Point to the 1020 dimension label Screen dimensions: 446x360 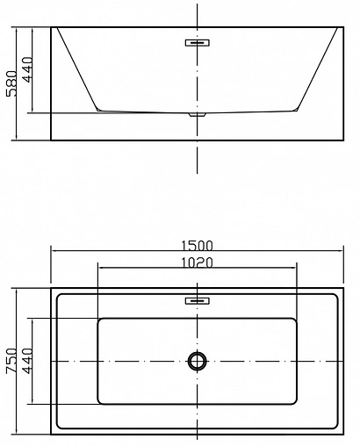197,262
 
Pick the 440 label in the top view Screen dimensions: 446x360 28,360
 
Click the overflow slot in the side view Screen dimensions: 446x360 197,41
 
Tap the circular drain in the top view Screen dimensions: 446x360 197,360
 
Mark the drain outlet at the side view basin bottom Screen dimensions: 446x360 197,114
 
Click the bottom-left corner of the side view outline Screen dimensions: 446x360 51,140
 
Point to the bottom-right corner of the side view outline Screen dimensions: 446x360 342,140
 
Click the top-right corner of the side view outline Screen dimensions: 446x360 342,27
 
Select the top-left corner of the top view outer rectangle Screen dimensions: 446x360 51,287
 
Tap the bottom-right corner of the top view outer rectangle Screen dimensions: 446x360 342,434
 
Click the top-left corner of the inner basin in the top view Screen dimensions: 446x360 98,318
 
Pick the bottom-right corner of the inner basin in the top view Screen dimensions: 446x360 297,404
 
